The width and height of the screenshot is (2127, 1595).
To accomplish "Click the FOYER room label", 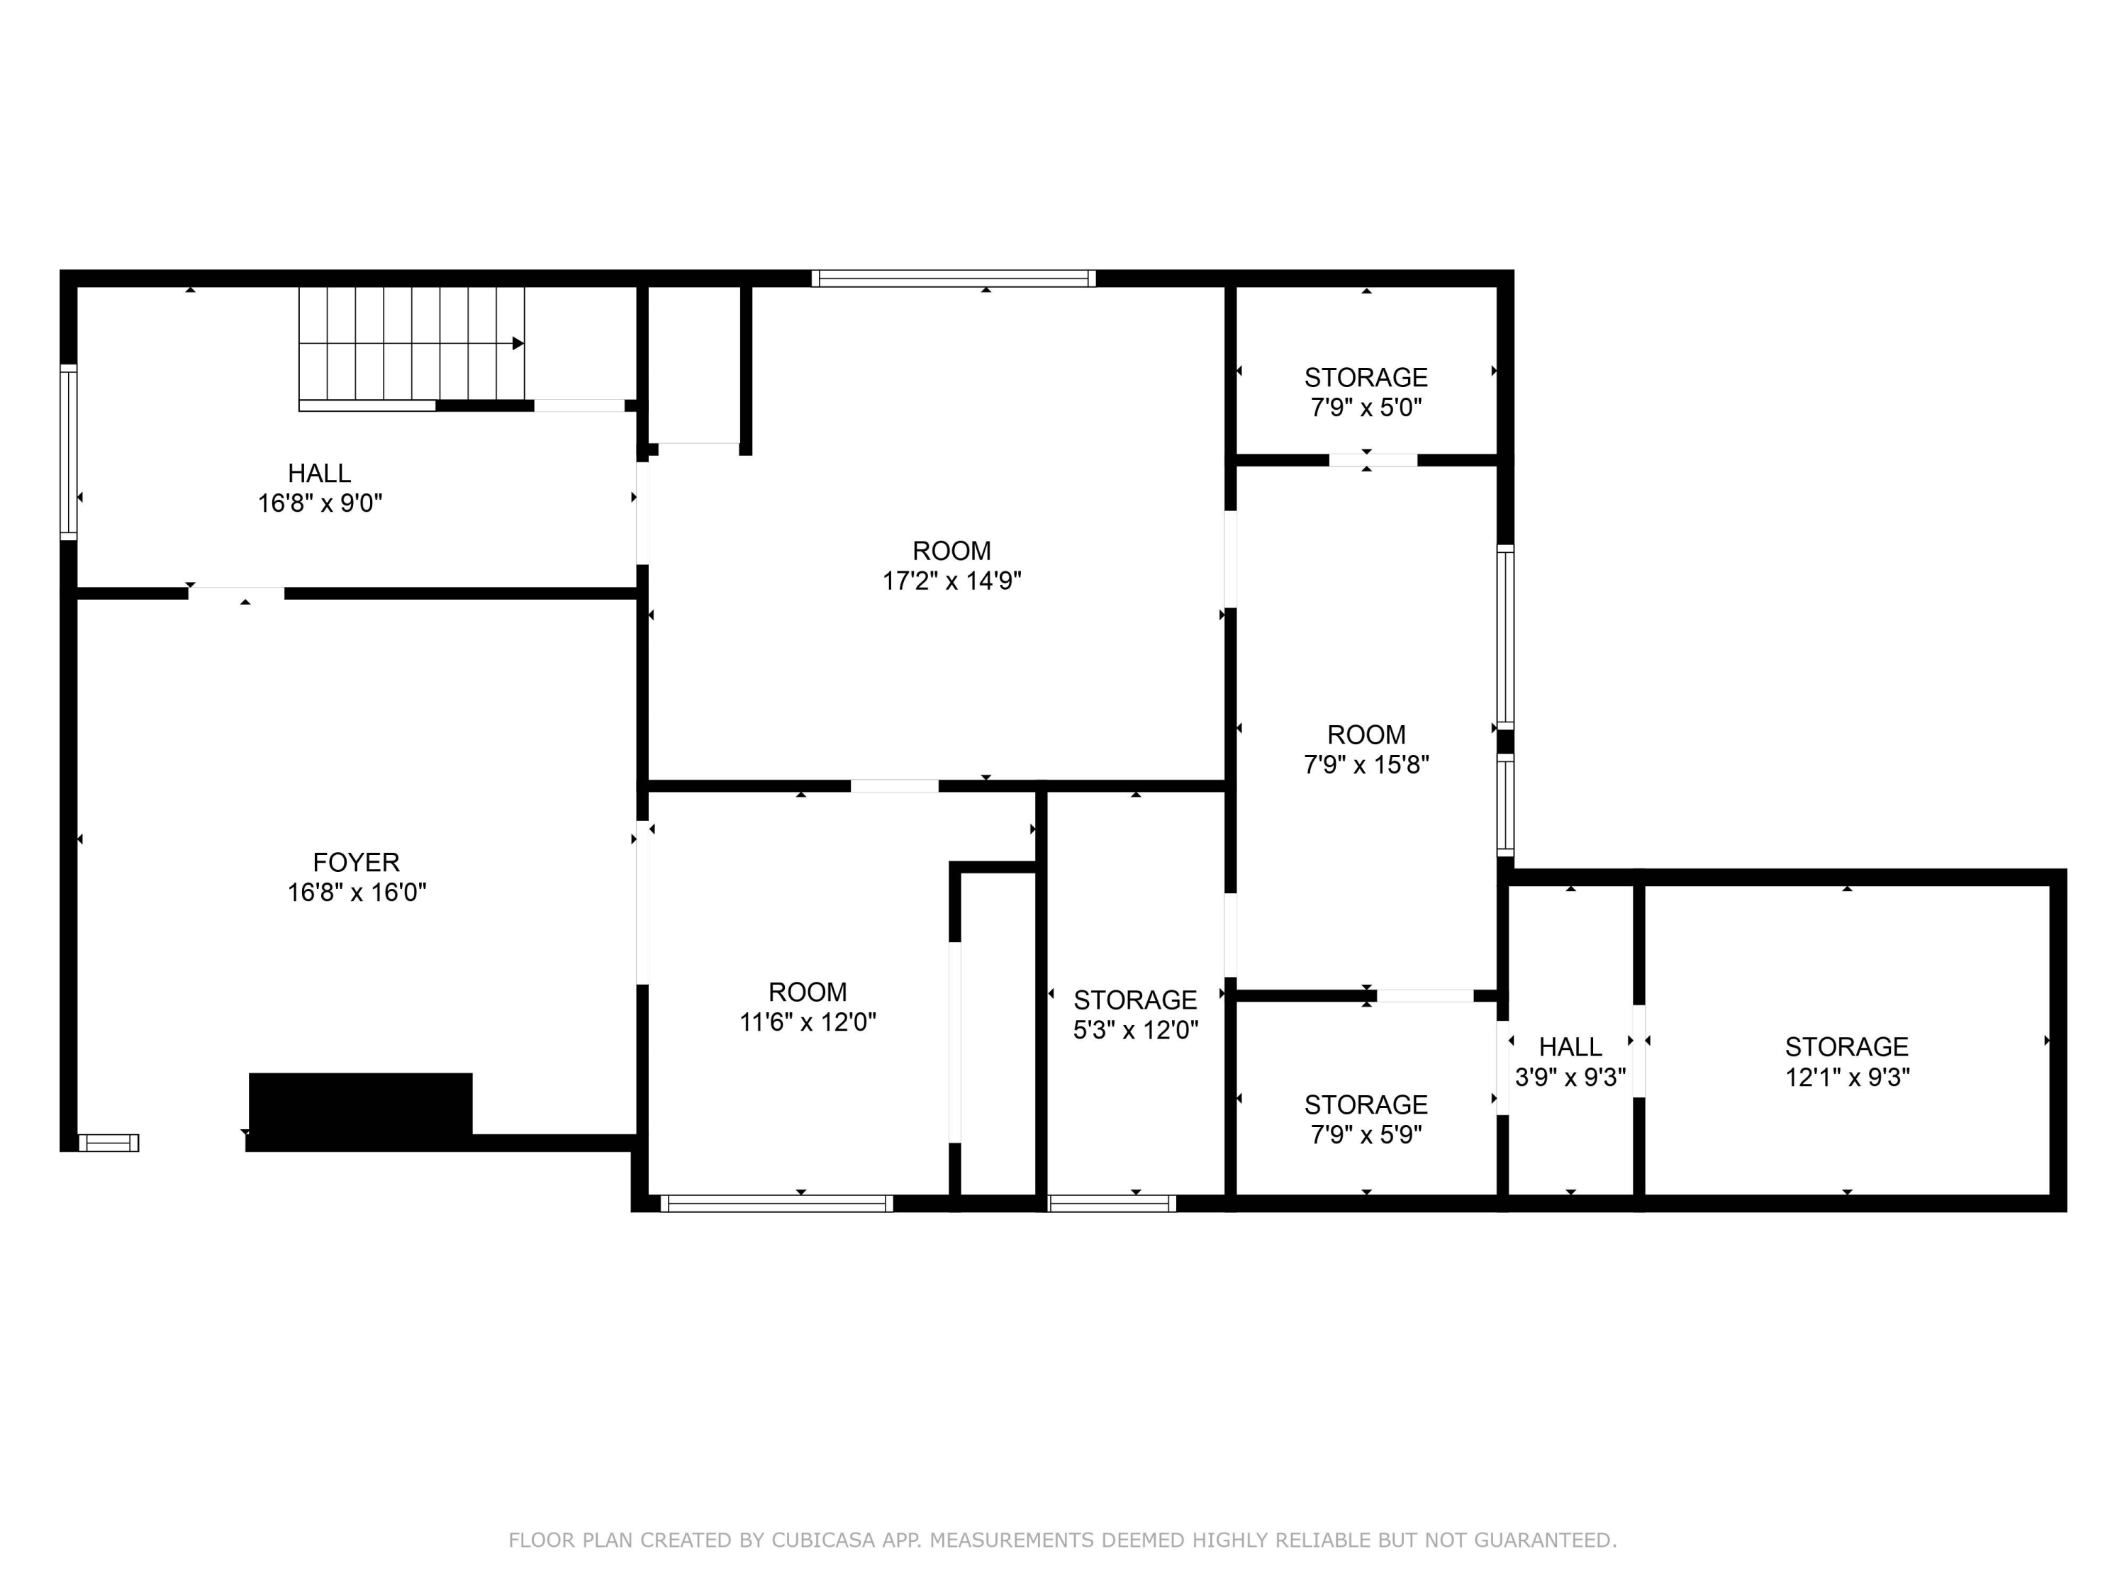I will coord(356,863).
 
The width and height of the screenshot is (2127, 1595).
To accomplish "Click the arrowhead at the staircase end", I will coord(518,343).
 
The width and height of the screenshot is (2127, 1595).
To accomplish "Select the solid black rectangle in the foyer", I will coord(361,1106).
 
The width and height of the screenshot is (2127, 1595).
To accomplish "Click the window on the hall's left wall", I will coord(68,451).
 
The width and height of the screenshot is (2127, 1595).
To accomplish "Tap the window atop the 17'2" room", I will coord(953,279).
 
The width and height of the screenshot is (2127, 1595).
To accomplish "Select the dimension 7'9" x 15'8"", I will coord(1366,764).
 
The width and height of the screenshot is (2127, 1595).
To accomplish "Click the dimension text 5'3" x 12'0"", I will coord(1136,1030).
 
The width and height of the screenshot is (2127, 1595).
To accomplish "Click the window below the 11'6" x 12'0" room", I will coord(776,1204).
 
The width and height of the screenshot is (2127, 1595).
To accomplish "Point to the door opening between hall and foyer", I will coord(235,593).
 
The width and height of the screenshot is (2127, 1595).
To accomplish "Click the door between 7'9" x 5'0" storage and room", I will coord(1372,459).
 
